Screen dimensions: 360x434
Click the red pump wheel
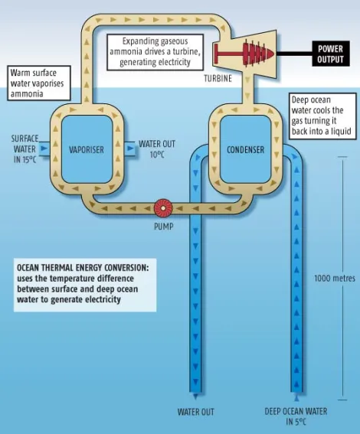coord(163,207)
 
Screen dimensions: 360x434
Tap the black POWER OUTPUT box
coord(331,54)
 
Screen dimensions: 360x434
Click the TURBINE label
coord(218,79)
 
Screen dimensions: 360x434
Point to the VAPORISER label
coord(87,150)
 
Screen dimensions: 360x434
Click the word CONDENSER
coord(245,150)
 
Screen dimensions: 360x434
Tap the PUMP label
coord(163,227)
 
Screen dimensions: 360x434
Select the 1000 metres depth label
coord(335,278)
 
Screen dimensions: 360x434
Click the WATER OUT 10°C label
coord(157,149)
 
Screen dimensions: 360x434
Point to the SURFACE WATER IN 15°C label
coord(25,149)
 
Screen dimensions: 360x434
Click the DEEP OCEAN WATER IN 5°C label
coord(296,416)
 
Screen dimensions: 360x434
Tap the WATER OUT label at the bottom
coord(196,412)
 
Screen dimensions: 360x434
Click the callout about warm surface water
coord(39,83)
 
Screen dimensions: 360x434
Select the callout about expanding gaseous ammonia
coord(155,52)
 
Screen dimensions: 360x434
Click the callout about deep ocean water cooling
coord(322,116)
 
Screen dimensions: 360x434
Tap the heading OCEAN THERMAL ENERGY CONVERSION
coord(83,268)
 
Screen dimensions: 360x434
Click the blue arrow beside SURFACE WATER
coord(44,148)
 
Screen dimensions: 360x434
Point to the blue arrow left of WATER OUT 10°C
coord(130,148)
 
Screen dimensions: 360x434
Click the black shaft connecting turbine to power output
coord(294,54)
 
